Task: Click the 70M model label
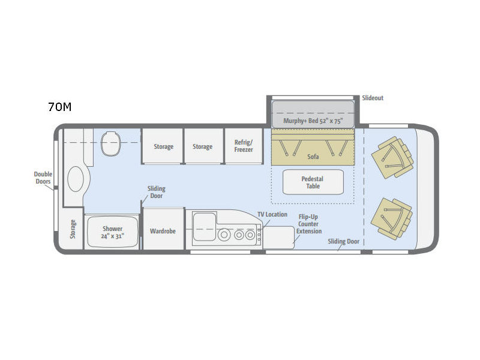(x=59, y=107)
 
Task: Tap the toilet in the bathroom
(x=110, y=143)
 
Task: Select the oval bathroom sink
(x=76, y=179)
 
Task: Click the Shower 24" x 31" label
(x=112, y=232)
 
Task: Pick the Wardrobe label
(x=163, y=231)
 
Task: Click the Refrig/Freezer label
(x=244, y=146)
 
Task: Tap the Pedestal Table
(x=313, y=182)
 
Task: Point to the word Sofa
(x=313, y=157)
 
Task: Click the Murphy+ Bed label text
(x=313, y=121)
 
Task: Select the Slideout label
(x=373, y=98)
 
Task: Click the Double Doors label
(x=43, y=178)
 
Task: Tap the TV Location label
(x=272, y=215)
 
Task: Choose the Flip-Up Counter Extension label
(x=308, y=224)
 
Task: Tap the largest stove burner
(x=224, y=235)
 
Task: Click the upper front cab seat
(x=392, y=157)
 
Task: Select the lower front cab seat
(x=392, y=218)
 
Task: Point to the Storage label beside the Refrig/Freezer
(x=202, y=146)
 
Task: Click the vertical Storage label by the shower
(x=73, y=229)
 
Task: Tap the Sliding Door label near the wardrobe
(x=156, y=192)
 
